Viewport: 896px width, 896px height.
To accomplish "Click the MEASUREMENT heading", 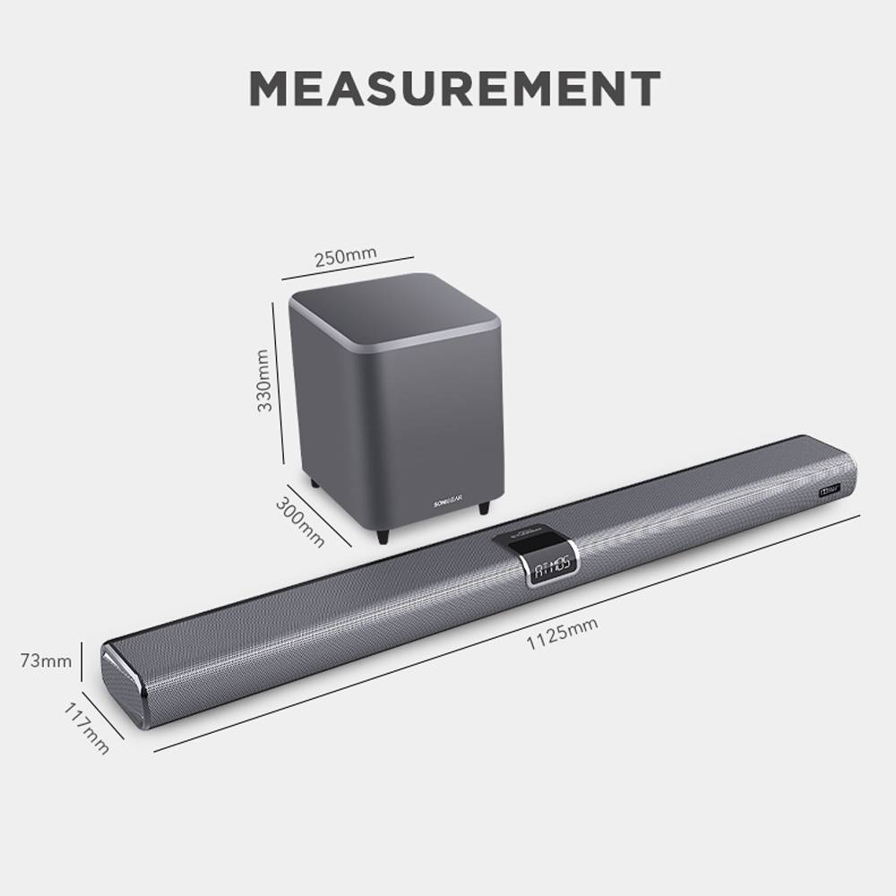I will [x=454, y=87].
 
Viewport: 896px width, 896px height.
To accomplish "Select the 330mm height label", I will [x=264, y=380].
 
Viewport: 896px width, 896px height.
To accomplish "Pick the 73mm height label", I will [x=45, y=662].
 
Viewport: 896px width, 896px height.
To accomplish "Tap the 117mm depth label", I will [x=87, y=727].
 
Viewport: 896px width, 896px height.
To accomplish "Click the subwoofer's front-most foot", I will [x=384, y=535].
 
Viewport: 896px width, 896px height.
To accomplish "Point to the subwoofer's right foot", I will [x=485, y=507].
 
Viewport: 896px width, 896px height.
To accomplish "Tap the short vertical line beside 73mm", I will [x=83, y=661].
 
